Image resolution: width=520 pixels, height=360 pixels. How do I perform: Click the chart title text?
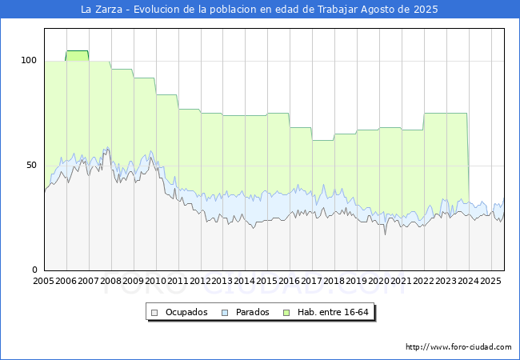click(260, 10)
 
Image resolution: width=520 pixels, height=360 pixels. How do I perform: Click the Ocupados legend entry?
click(186, 312)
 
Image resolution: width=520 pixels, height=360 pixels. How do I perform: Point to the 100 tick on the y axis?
click(29, 60)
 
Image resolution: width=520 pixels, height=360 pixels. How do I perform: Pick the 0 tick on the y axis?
click(34, 270)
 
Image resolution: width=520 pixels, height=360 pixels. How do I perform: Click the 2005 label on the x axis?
click(44, 281)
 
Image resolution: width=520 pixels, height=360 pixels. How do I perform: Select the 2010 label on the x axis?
click(156, 281)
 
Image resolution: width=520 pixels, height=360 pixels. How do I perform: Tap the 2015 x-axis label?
click(267, 281)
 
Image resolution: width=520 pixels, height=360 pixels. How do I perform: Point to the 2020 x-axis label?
click(379, 281)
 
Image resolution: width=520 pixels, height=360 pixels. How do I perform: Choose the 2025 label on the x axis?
click(490, 281)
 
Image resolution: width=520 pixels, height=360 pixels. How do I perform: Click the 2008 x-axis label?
click(111, 281)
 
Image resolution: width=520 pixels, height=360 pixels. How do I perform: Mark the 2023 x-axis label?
click(446, 281)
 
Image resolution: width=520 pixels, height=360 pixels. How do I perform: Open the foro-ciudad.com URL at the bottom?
click(458, 347)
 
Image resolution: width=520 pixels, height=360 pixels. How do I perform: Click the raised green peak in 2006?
click(78, 52)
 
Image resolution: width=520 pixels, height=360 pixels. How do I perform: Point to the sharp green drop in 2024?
click(468, 160)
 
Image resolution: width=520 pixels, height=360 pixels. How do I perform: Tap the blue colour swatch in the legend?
click(225, 312)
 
